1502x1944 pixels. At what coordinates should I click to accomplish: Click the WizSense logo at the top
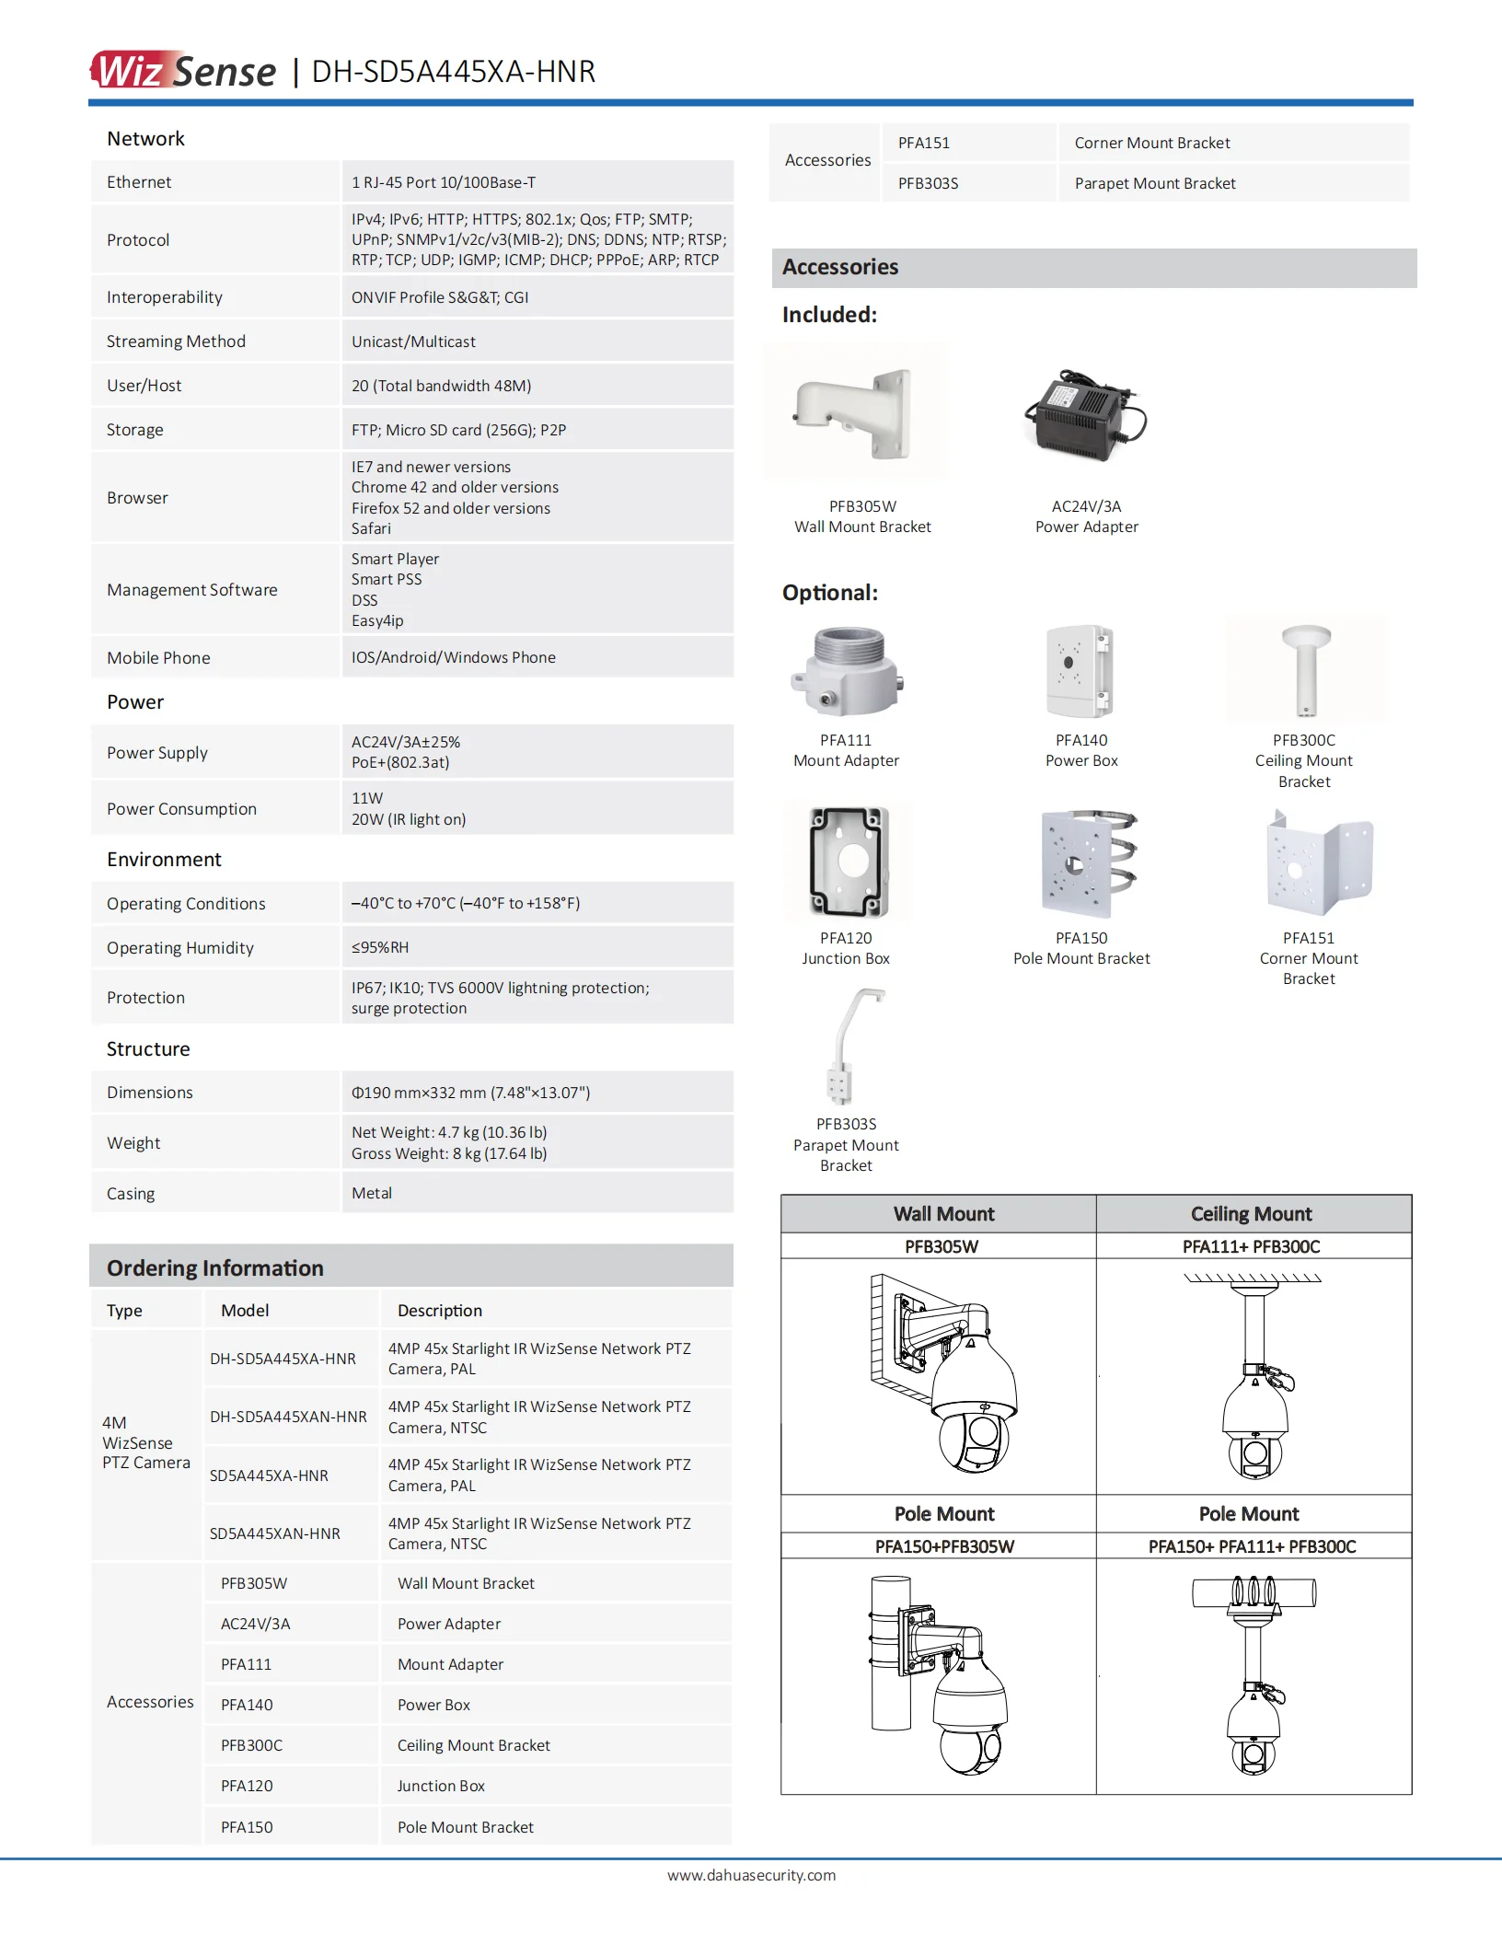coord(183,71)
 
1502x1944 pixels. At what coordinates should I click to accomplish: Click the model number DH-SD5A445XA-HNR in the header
coord(453,72)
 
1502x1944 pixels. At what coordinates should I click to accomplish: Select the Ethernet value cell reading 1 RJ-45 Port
coord(444,182)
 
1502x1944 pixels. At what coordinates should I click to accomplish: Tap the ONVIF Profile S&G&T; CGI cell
coord(440,297)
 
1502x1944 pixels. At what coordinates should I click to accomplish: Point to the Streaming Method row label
coord(176,341)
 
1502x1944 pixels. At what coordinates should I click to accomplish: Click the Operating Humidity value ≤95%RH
coord(380,947)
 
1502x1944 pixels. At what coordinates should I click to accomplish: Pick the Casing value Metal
coord(372,1193)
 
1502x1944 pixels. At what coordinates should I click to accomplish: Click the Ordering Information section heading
coord(215,1267)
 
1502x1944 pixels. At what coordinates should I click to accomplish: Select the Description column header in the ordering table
coord(439,1311)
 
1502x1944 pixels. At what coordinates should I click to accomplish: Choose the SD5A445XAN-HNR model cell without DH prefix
coord(275,1533)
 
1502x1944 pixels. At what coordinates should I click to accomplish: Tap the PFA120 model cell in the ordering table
coord(247,1786)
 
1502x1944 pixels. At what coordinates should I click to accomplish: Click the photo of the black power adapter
coord(1086,414)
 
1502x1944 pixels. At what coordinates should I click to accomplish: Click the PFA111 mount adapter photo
coord(846,672)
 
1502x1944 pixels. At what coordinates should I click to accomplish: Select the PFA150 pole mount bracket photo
coord(1088,863)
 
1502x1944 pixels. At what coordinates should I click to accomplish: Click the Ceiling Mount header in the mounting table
coord(1251,1214)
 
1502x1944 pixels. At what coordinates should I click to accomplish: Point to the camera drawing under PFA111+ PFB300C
coord(1254,1377)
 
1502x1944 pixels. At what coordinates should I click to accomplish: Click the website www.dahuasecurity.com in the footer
coord(751,1875)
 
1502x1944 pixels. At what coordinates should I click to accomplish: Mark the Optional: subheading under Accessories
coord(830,593)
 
